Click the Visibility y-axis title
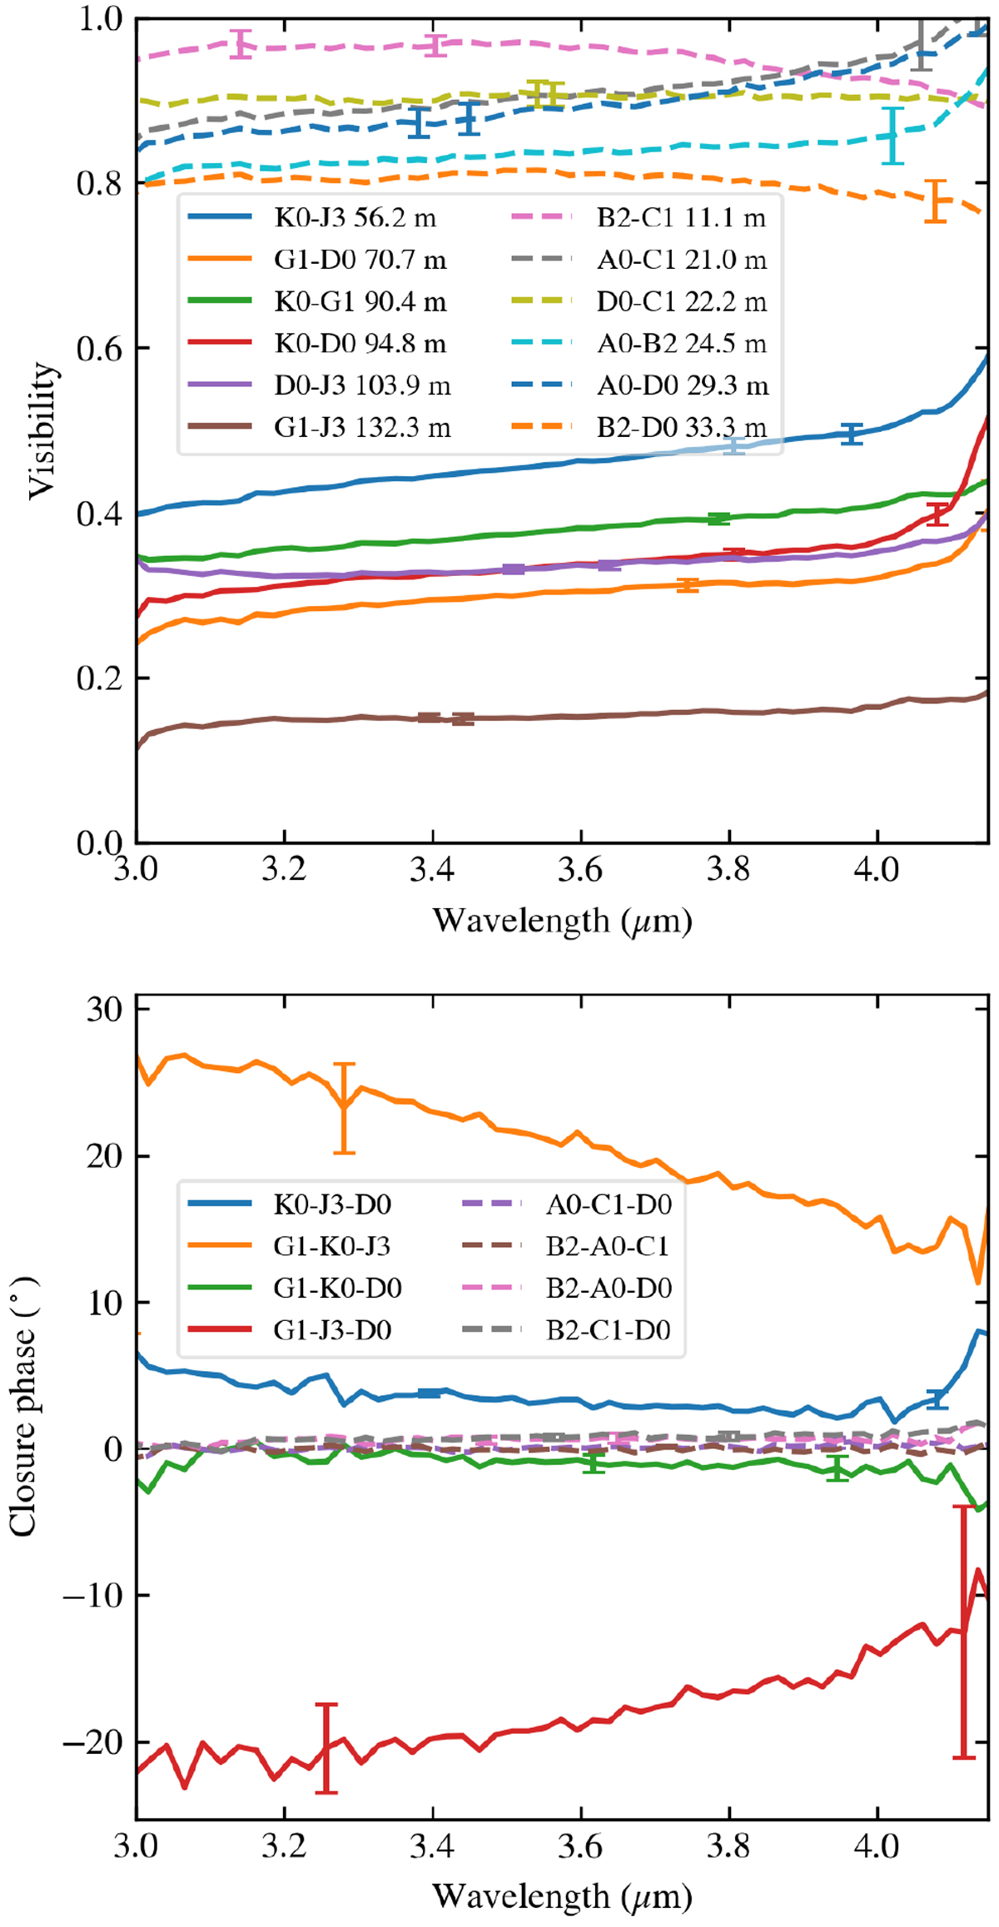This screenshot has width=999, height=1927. (43, 430)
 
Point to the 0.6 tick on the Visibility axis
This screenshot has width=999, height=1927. (98, 348)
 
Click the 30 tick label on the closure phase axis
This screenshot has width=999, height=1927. (103, 1010)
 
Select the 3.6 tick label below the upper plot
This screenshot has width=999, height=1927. (580, 871)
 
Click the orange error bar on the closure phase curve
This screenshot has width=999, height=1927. (344, 1108)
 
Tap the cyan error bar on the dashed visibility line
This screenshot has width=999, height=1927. (892, 135)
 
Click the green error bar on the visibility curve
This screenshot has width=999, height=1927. (718, 519)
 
